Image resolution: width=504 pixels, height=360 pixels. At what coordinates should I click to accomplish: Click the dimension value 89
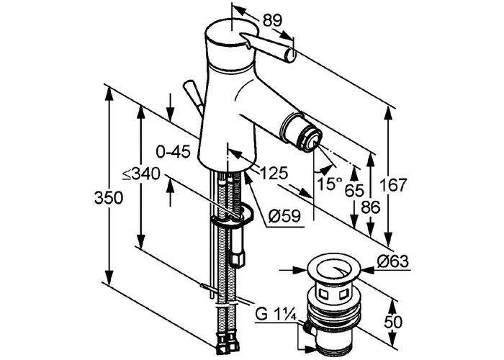pos(272,21)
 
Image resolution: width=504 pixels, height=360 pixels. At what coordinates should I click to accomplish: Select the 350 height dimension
pos(109,198)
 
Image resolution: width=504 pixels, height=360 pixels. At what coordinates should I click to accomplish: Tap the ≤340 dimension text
pos(141,174)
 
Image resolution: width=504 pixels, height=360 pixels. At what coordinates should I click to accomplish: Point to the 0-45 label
pos(174,151)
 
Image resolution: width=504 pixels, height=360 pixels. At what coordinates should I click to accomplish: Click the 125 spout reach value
pos(274,174)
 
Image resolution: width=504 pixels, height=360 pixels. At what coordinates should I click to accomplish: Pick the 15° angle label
pos(329,184)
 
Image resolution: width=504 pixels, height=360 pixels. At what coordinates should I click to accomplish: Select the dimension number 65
pos(354,191)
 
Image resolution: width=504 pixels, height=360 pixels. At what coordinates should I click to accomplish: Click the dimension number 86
pos(371,207)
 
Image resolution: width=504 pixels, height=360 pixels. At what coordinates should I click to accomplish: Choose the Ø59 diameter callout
pos(285,216)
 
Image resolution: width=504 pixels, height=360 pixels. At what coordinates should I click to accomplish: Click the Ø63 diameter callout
pos(393,261)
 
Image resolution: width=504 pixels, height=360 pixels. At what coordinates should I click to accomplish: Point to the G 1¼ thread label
pos(276,314)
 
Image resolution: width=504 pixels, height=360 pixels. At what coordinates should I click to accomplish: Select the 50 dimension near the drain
pos(392,322)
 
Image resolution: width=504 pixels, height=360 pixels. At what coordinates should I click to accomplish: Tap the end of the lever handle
pos(291,55)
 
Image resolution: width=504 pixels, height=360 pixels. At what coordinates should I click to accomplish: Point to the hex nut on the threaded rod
pos(237,258)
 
